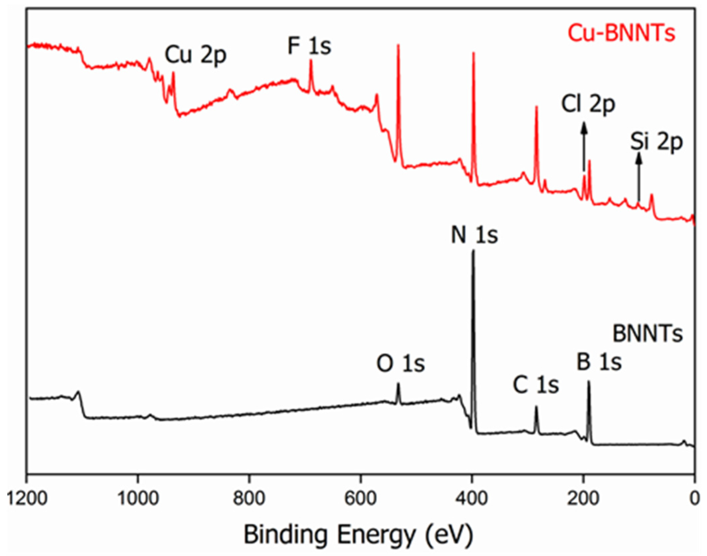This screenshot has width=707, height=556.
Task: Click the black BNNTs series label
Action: click(x=648, y=334)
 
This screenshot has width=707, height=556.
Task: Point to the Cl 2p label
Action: click(x=588, y=104)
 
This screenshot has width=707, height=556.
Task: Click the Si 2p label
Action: click(x=656, y=142)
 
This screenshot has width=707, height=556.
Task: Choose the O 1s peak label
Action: click(x=401, y=364)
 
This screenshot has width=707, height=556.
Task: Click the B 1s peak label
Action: click(x=599, y=362)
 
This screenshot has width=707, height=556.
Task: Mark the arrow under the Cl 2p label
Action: click(x=584, y=147)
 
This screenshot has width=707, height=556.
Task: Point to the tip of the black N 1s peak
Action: click(x=473, y=251)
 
